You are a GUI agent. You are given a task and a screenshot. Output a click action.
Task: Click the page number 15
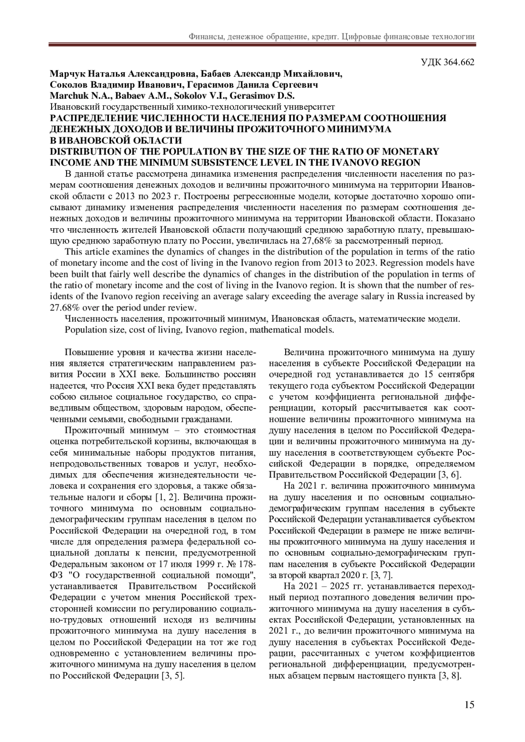coord(469,705)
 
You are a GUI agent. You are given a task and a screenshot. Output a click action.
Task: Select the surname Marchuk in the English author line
coord(66,96)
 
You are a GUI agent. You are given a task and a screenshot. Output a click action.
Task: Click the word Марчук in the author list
coord(66,73)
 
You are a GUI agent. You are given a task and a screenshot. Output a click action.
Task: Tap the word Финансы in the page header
coord(205,37)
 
